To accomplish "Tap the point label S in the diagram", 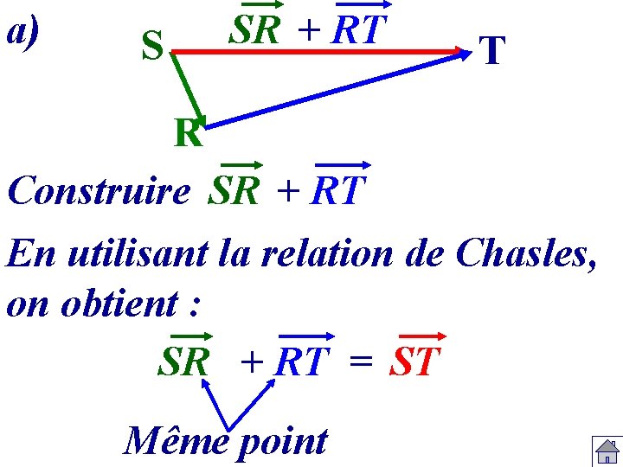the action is [x=152, y=47].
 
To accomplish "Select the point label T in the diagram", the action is [x=491, y=51].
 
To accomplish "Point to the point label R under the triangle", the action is [x=187, y=134].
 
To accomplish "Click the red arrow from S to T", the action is [x=320, y=52].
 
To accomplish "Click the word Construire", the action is [x=99, y=190].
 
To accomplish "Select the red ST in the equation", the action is [x=415, y=362].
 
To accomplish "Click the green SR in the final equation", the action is [x=183, y=362].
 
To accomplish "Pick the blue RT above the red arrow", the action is [x=356, y=31].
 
